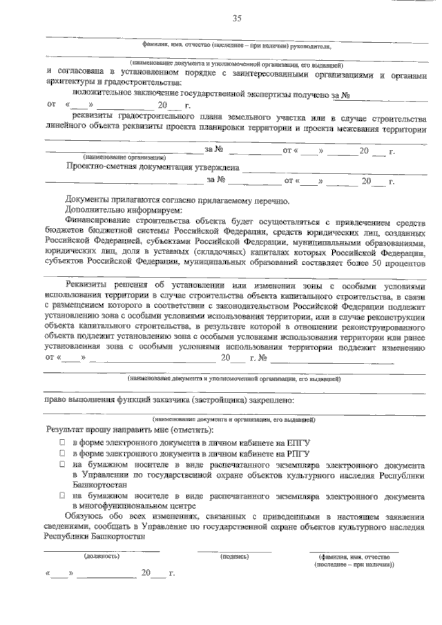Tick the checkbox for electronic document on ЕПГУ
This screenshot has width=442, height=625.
62,441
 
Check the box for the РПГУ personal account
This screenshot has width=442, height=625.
62,453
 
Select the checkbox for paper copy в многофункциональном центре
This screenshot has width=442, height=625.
62,496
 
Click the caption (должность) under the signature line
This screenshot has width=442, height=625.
101,555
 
